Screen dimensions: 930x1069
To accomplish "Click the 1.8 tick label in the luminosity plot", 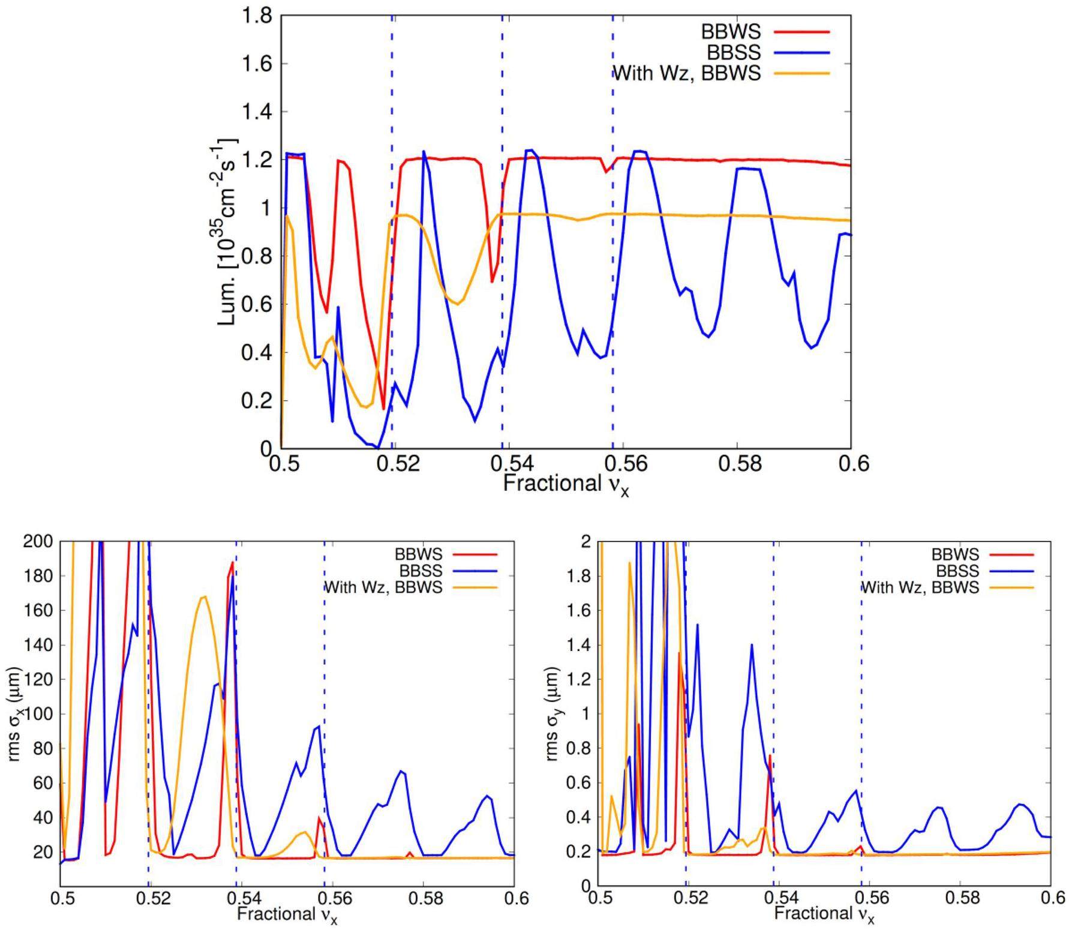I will [258, 16].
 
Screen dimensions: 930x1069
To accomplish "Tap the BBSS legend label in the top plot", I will [733, 52].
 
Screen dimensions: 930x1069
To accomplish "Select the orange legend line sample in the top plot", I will [801, 73].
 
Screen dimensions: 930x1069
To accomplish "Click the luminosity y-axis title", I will [228, 232].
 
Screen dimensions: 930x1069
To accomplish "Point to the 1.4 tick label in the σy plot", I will [579, 646].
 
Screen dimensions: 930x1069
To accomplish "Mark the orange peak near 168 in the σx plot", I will [204, 596].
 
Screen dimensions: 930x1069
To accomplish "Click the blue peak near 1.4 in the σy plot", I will [751, 645].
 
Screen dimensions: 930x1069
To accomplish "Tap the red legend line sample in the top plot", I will [801, 31].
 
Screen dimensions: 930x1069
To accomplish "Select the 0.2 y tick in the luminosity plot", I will [258, 401].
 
